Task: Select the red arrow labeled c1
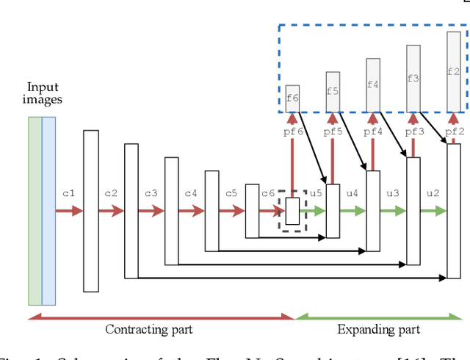click(70, 211)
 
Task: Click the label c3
click(151, 193)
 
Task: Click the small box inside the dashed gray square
click(292, 211)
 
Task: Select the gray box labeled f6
click(292, 98)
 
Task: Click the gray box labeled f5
click(333, 92)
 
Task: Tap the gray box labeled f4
click(373, 84)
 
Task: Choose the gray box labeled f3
click(413, 78)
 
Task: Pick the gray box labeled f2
click(454, 72)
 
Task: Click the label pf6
click(293, 132)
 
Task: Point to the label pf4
click(374, 132)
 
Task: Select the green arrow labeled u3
click(393, 211)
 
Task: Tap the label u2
click(433, 193)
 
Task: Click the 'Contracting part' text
click(149, 329)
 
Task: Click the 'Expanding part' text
click(379, 329)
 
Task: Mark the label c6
click(268, 193)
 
